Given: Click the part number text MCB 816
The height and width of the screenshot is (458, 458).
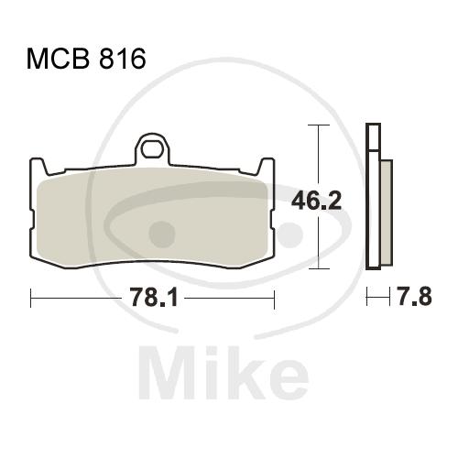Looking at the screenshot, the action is (86, 59).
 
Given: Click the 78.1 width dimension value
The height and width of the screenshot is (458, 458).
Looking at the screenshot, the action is (154, 298).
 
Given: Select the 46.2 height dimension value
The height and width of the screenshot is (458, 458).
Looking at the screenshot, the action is (316, 201).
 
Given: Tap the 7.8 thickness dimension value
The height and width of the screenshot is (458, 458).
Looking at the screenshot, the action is (414, 297).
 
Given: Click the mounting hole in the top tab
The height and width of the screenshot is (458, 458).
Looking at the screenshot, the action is (152, 148).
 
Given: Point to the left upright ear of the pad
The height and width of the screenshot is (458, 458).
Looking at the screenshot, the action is (38, 167).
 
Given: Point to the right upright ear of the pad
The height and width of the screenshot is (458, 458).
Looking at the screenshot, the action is (266, 167).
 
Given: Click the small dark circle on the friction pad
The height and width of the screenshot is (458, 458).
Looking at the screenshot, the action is (162, 234).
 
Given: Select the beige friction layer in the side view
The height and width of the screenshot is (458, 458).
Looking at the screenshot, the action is (387, 213).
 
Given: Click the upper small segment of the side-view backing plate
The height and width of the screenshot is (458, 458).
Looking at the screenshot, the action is (373, 136).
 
